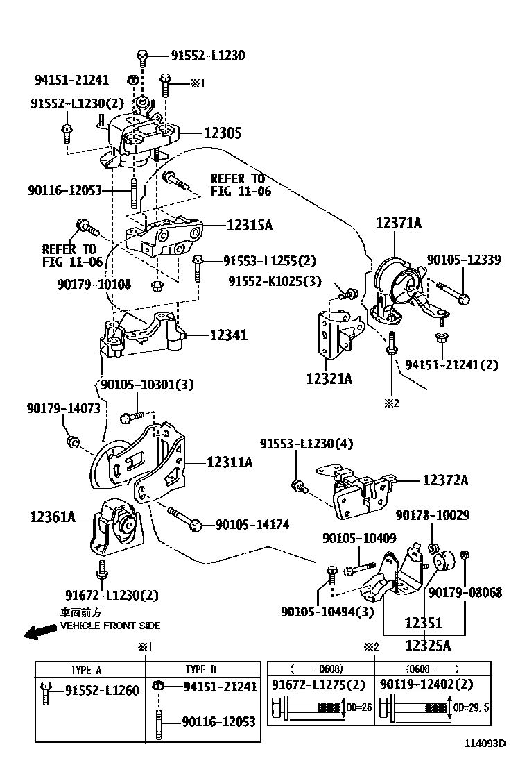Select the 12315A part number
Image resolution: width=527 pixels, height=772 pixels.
click(x=249, y=225)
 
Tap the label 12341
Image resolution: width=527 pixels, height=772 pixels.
click(x=228, y=335)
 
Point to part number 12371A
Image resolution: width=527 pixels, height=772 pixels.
click(x=399, y=224)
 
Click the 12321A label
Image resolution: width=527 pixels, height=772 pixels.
click(x=329, y=379)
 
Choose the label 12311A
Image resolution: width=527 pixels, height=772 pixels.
click(x=228, y=460)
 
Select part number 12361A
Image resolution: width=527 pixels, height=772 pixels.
click(x=52, y=517)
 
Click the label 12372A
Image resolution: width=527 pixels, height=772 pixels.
click(x=445, y=480)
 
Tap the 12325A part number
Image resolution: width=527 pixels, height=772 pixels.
click(x=428, y=646)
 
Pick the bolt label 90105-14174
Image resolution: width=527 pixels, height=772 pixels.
click(x=252, y=525)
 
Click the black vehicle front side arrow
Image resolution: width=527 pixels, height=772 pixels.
click(x=39, y=631)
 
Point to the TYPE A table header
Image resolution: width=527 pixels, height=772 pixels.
click(x=86, y=670)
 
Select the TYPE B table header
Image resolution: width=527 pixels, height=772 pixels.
click(x=201, y=670)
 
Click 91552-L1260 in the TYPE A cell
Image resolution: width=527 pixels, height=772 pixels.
click(x=102, y=690)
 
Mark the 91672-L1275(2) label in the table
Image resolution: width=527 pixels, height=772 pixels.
click(x=318, y=685)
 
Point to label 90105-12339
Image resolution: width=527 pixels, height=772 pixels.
click(x=464, y=259)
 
